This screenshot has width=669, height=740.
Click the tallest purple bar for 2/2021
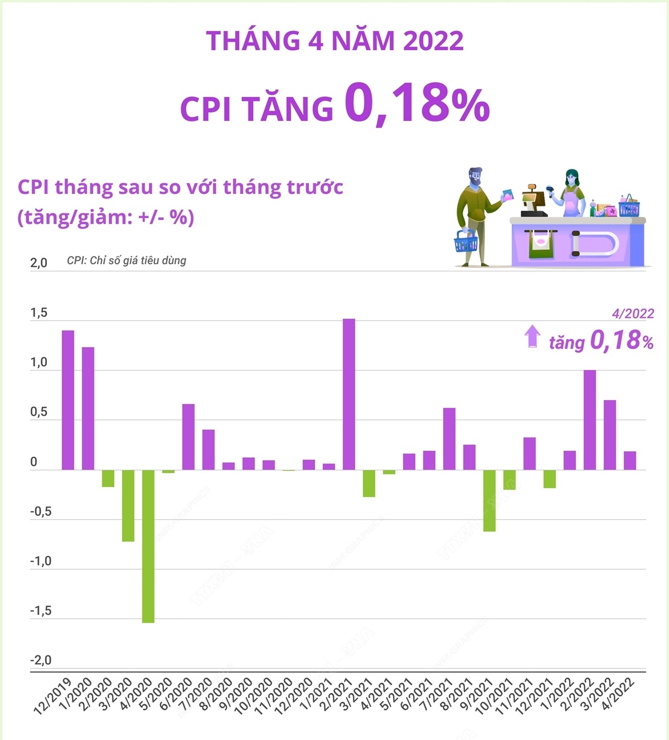tap(348, 394)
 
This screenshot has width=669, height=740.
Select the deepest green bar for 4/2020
tap(148, 546)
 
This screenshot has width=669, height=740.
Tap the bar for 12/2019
tap(67, 400)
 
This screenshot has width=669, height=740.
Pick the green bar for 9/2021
tap(489, 500)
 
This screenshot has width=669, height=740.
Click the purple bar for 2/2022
tap(589, 420)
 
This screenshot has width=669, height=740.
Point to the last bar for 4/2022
tap(629, 460)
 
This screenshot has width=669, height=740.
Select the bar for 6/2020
tap(188, 437)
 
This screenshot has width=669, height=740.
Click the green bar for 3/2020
tap(128, 505)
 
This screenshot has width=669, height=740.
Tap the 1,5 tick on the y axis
tap(39, 313)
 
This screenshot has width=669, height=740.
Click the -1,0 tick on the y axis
tap(41, 561)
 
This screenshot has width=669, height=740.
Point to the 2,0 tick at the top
tap(39, 263)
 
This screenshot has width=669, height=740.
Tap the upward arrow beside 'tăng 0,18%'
tap(532, 337)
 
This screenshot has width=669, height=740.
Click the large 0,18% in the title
tap(416, 104)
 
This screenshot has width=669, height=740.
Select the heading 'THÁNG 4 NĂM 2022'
tap(334, 41)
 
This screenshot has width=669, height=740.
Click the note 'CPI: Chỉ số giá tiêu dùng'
tap(127, 260)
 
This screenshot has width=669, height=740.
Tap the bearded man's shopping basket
tap(466, 241)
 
